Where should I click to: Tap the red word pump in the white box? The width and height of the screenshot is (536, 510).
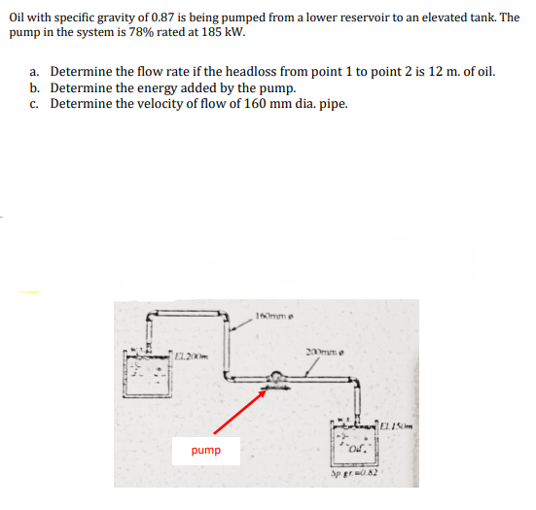click(205, 450)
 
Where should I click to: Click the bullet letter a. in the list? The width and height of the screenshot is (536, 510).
click(35, 72)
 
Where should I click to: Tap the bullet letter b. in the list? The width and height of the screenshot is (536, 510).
click(35, 87)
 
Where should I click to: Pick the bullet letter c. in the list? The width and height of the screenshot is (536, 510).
click(35, 104)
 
